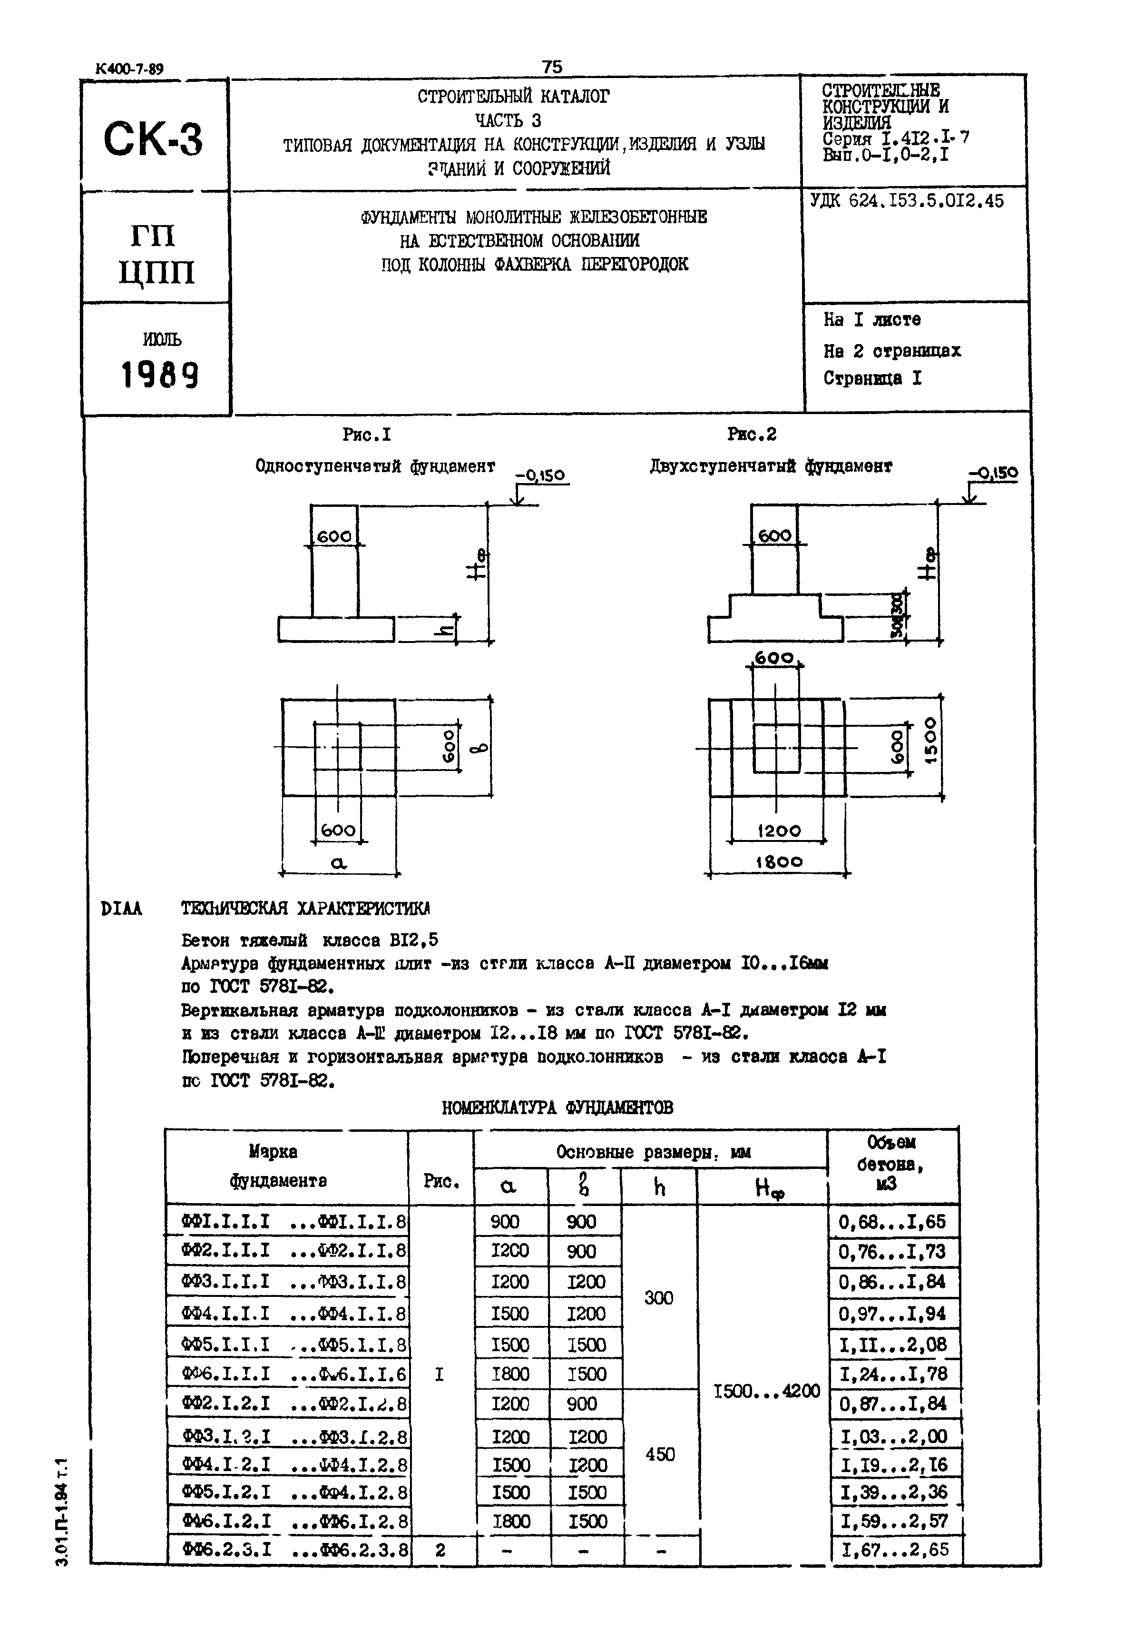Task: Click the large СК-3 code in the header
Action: click(x=153, y=139)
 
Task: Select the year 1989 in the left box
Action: click(x=160, y=375)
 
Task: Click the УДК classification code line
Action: click(x=907, y=201)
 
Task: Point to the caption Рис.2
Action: click(x=752, y=435)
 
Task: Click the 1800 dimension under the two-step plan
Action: click(x=779, y=862)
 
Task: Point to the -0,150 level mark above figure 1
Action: click(x=541, y=475)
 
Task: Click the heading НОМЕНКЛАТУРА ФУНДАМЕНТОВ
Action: click(x=557, y=1108)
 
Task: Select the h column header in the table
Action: click(x=659, y=1189)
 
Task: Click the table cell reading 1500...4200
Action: click(x=767, y=1391)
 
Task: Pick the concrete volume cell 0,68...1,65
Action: click(x=892, y=1222)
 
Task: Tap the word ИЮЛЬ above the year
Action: click(x=161, y=339)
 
